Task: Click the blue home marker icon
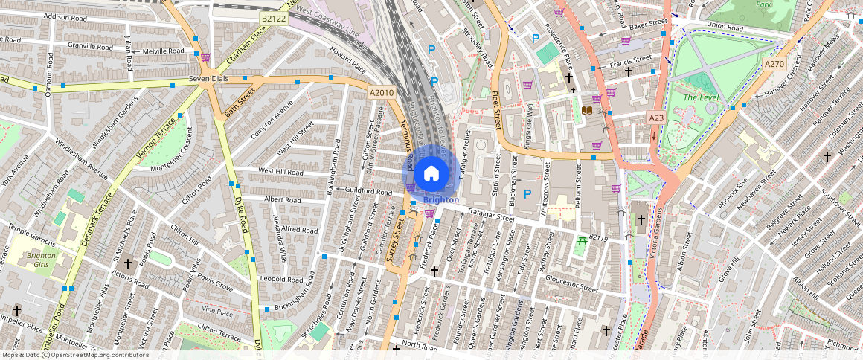pos(431,174)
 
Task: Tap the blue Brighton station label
pos(440,199)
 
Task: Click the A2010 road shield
pos(381,92)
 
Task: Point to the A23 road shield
pos(655,118)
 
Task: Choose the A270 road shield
pos(774,65)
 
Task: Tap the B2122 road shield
pos(273,17)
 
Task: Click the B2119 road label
pos(599,238)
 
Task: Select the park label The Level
pos(699,97)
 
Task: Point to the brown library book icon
pos(586,112)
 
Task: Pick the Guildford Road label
pos(369,191)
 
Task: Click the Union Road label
pos(725,26)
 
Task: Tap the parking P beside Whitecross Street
pos(528,194)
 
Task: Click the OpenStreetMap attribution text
pos(74,355)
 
